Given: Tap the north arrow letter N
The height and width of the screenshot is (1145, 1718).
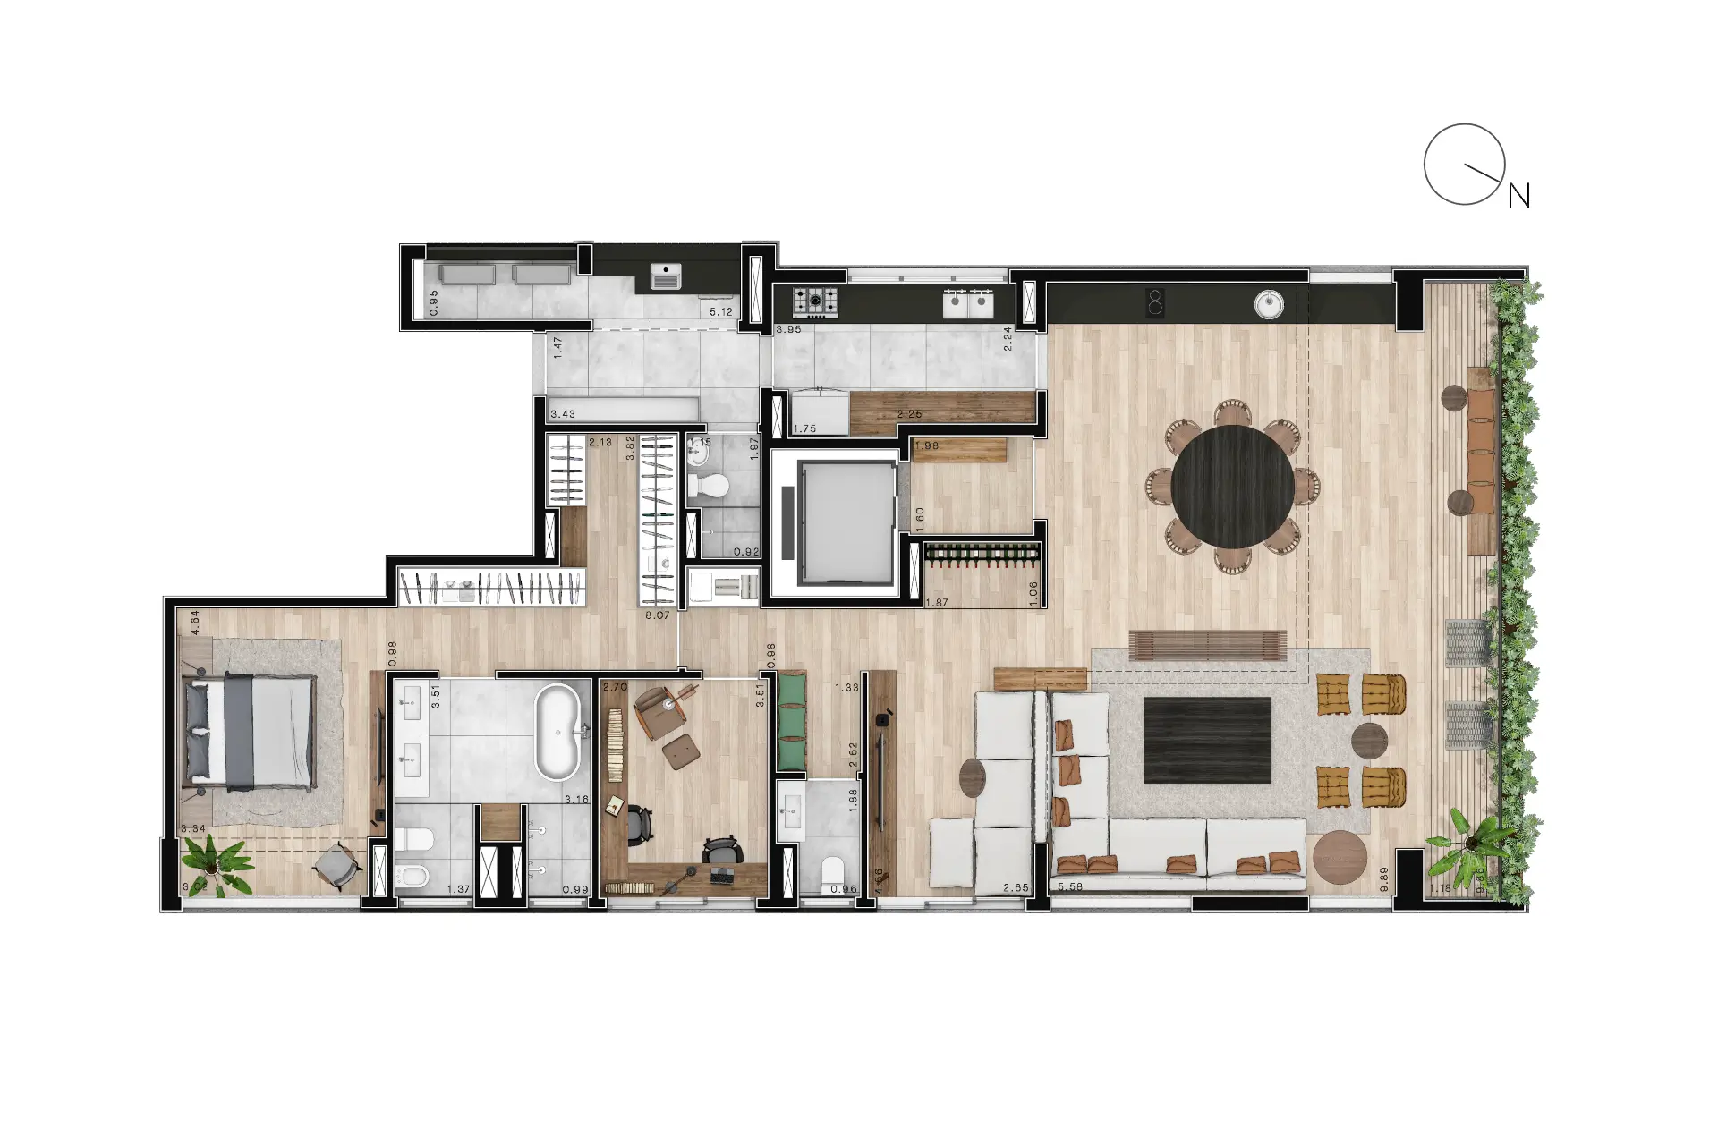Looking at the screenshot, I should [1519, 196].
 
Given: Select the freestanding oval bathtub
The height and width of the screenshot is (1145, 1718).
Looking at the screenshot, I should [557, 733].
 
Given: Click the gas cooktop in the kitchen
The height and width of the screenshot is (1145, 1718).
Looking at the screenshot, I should [816, 302].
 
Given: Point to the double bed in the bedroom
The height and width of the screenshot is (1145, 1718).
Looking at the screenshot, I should [250, 733].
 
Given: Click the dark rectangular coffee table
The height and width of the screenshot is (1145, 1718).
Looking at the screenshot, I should [1207, 740].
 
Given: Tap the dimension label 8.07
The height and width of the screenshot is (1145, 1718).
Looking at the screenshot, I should [657, 615].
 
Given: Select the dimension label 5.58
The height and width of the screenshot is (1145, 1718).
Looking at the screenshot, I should [1070, 887].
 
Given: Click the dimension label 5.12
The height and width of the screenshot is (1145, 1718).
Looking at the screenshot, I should [720, 312].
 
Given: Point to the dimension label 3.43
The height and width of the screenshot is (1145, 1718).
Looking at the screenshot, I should [563, 414].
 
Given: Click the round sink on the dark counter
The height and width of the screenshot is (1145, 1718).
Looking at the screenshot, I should [1269, 305].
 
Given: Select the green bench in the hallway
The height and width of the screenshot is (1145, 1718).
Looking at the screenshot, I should [791, 722].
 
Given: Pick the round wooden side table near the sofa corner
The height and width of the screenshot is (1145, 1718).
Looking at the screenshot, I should [1340, 857].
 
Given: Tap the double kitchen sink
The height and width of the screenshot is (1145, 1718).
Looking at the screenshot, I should [969, 304].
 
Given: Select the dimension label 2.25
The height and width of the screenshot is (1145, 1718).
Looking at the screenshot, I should [909, 414].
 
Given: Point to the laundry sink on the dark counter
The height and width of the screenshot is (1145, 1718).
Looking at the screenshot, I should [665, 276].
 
